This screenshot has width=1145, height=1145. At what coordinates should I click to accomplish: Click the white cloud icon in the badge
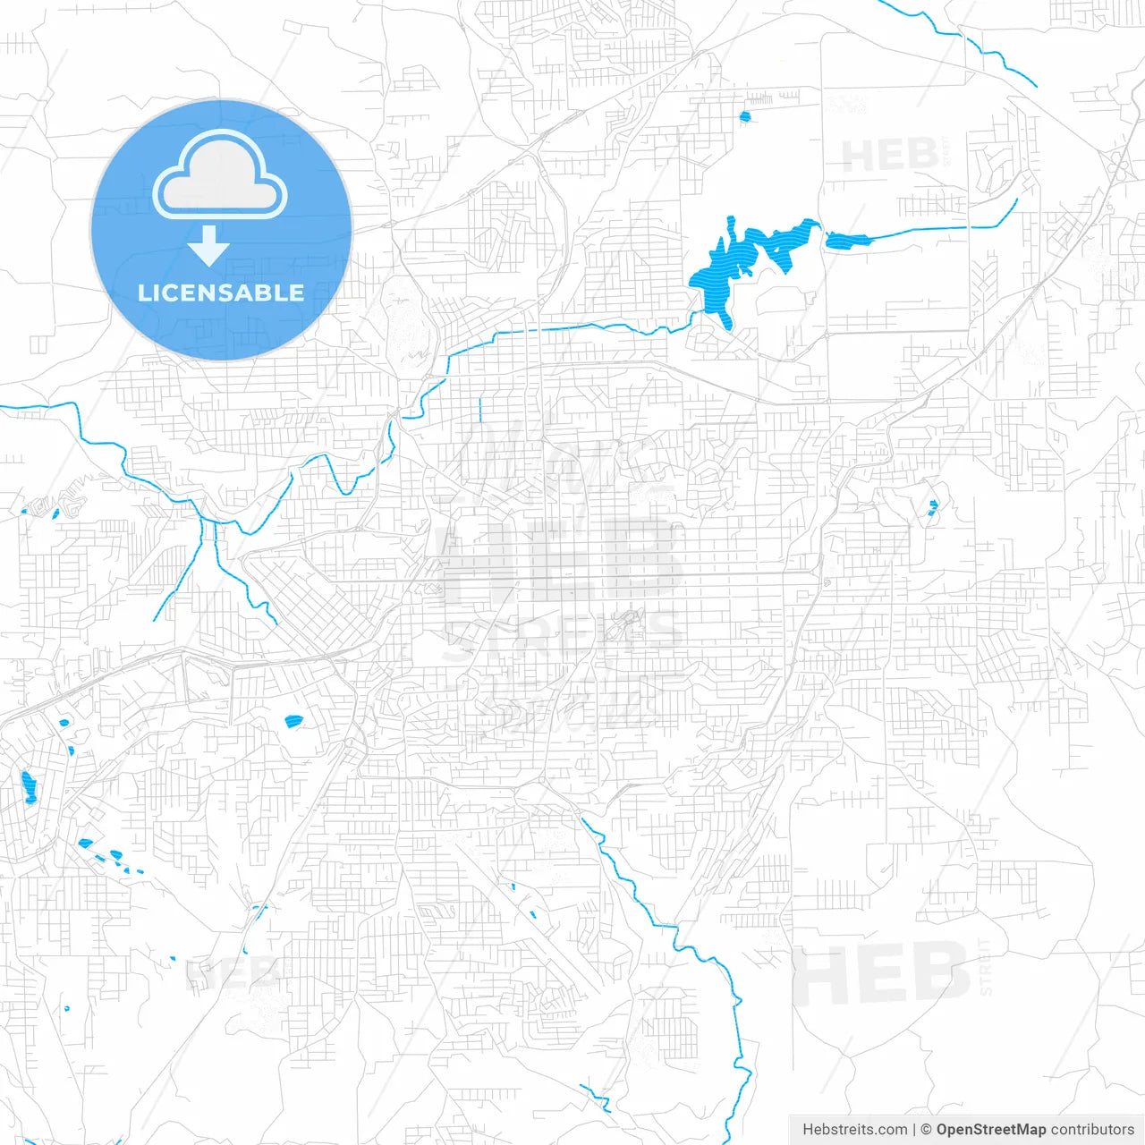(x=220, y=175)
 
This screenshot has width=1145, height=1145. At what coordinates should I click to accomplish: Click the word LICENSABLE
(x=221, y=293)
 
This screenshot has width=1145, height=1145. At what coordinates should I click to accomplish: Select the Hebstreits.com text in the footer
(x=855, y=1130)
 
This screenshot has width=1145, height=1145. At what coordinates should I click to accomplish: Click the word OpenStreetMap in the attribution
(x=990, y=1130)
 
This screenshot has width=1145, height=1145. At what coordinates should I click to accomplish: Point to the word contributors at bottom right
(x=1092, y=1130)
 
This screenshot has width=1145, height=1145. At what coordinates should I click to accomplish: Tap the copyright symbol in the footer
(x=926, y=1130)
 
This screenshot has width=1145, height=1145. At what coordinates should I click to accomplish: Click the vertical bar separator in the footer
(x=914, y=1130)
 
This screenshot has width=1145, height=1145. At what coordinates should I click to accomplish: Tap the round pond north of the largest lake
(x=744, y=116)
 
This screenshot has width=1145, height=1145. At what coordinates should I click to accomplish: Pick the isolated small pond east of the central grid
(x=933, y=508)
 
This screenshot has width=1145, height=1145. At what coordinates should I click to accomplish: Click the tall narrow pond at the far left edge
(x=29, y=787)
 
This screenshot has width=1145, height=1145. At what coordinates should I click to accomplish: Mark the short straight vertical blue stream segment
(x=480, y=411)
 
